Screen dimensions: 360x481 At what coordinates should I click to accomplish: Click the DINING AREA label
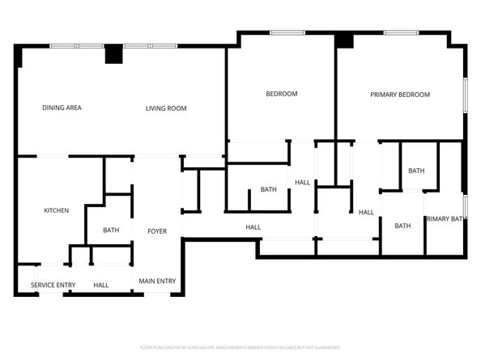[x=62, y=108]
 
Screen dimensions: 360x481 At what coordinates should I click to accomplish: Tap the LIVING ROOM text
[x=166, y=108]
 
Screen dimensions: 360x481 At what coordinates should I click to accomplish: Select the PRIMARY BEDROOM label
[x=400, y=95]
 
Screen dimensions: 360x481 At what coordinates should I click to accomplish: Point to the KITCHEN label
[x=56, y=211]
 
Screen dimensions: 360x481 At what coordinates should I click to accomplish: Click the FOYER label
[x=156, y=231]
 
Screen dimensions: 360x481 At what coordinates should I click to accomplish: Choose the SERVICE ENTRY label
[x=53, y=285]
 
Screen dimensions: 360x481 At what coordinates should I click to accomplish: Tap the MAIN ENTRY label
[x=157, y=281]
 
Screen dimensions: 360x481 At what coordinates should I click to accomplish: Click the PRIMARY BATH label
[x=445, y=218]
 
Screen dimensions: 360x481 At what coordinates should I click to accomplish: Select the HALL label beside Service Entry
[x=101, y=285]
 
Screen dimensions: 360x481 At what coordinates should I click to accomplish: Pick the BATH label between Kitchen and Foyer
[x=111, y=231]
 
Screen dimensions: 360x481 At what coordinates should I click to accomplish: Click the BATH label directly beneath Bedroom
[x=268, y=190]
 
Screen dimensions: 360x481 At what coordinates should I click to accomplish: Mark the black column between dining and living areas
[x=113, y=53]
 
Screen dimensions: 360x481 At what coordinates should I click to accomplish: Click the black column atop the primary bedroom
[x=345, y=40]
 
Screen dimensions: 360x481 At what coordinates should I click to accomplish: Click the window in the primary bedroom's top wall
[x=400, y=32]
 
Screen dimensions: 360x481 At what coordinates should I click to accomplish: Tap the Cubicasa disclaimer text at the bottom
[x=240, y=347]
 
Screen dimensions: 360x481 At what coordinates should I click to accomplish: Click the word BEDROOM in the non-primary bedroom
[x=282, y=94]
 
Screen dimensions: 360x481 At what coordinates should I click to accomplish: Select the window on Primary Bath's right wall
[x=465, y=205]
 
